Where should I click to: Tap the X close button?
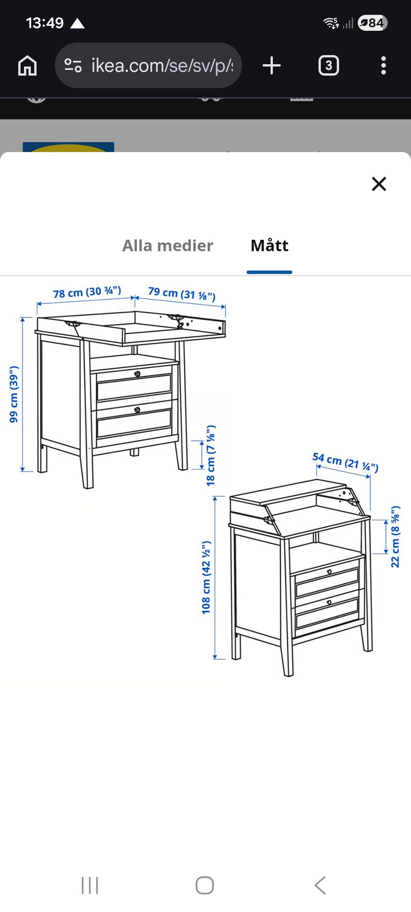click(x=379, y=184)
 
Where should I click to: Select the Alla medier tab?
click(x=167, y=245)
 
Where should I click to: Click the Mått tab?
click(x=269, y=245)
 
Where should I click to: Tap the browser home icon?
click(x=27, y=66)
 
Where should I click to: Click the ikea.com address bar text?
click(x=162, y=66)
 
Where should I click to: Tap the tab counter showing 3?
click(x=329, y=66)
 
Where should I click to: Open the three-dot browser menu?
click(x=383, y=66)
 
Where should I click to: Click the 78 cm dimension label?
click(x=87, y=292)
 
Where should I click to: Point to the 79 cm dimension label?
click(x=182, y=294)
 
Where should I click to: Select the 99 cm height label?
click(x=14, y=394)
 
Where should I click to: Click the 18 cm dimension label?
click(x=211, y=455)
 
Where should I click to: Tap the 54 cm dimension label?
click(x=345, y=462)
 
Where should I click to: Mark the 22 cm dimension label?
click(x=395, y=537)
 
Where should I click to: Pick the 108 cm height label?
click(x=206, y=578)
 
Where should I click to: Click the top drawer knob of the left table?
click(x=137, y=374)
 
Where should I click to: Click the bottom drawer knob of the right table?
click(x=329, y=602)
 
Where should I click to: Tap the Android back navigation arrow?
click(x=320, y=885)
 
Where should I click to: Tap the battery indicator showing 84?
click(x=372, y=23)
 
